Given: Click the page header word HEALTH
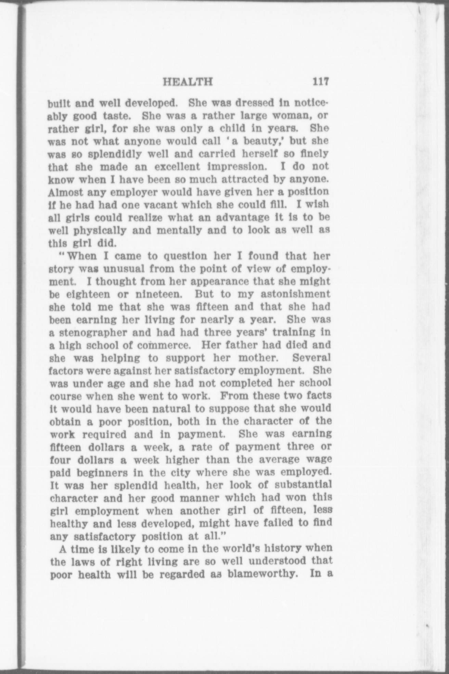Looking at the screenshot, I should tap(188, 82).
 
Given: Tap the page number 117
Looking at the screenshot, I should tap(320, 82).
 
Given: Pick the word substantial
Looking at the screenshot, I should tap(304, 485).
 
